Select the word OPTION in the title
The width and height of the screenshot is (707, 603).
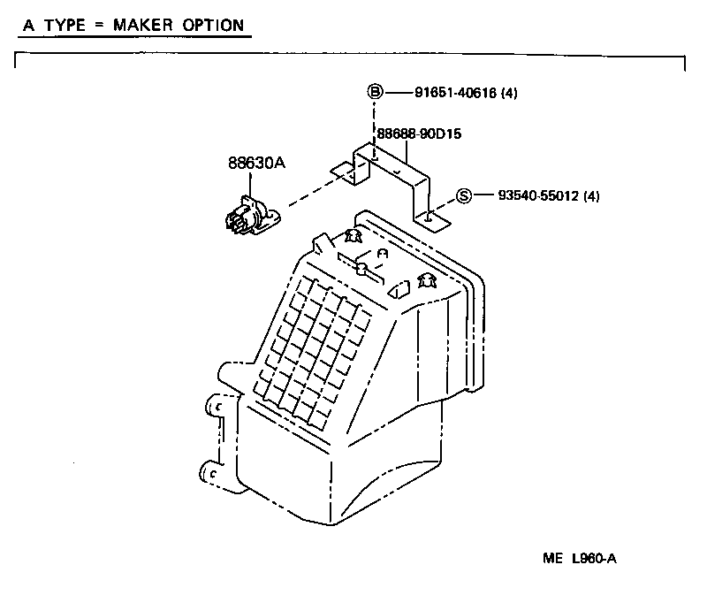click(x=211, y=25)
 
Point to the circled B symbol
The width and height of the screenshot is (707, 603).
click(x=375, y=91)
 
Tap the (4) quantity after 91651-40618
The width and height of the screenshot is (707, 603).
click(x=509, y=92)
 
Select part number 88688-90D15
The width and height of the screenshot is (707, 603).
click(x=420, y=134)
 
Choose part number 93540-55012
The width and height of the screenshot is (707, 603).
click(x=540, y=196)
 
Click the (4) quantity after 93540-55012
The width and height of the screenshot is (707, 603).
click(x=592, y=196)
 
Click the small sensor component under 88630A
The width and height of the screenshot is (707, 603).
click(x=248, y=217)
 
